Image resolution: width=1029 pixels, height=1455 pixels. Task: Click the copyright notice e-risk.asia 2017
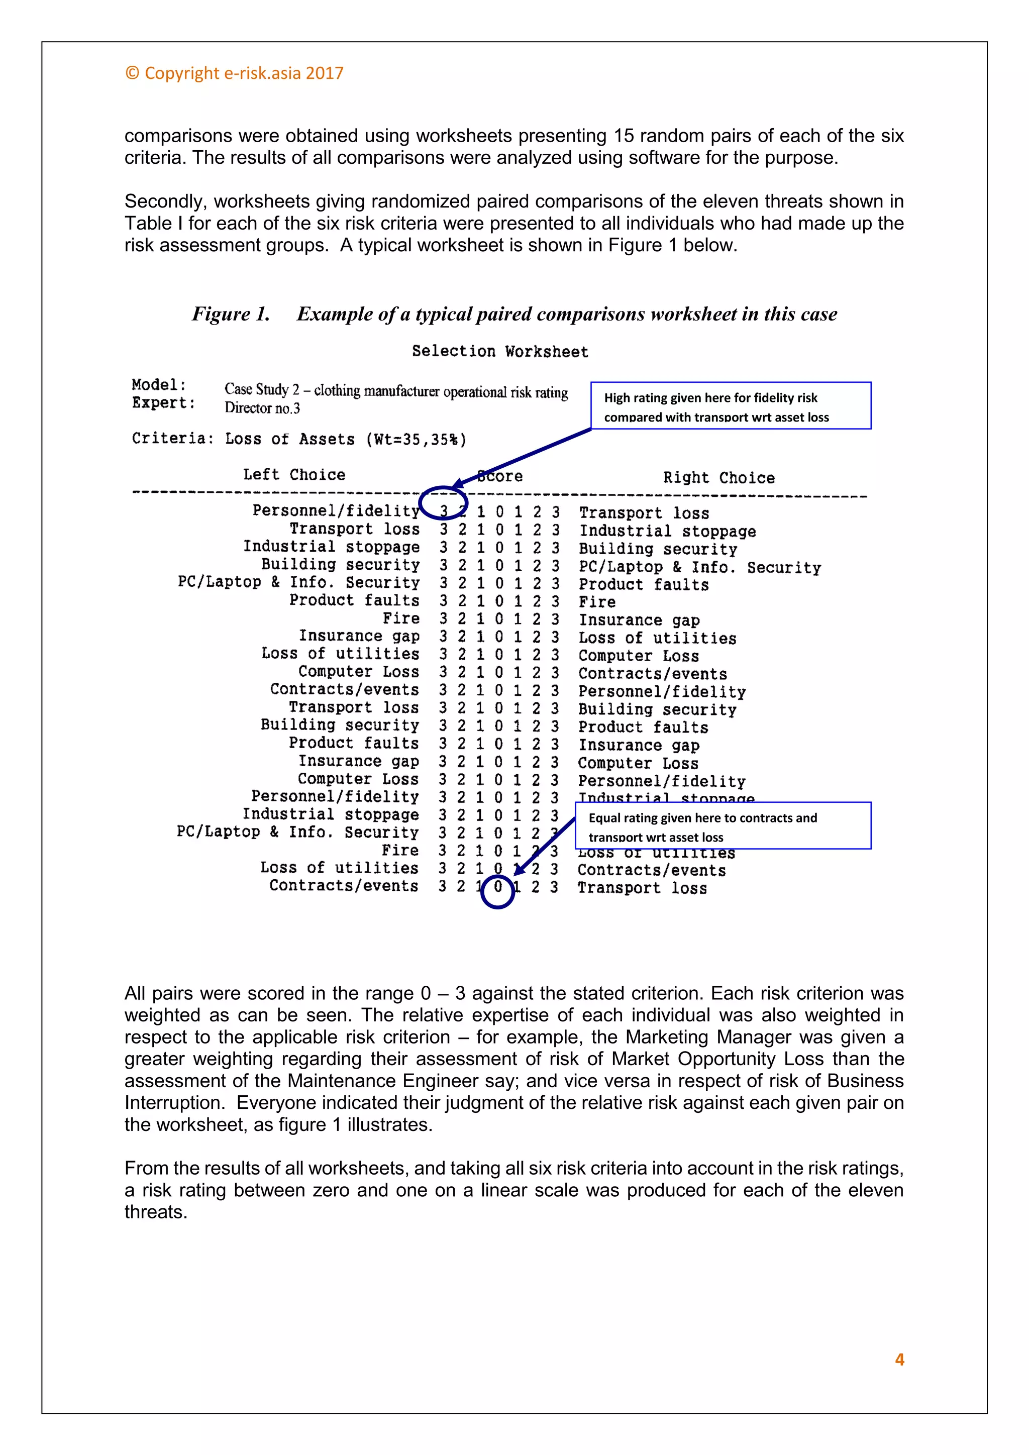click(235, 73)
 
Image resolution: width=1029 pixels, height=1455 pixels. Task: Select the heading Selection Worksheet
click(500, 352)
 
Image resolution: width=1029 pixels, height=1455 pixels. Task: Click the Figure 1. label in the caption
click(231, 315)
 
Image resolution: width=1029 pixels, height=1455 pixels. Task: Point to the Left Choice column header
click(294, 475)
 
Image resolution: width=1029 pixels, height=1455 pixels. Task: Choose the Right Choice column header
click(718, 478)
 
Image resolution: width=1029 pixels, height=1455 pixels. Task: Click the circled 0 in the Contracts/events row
click(498, 887)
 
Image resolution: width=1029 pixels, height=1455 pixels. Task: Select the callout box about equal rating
click(723, 826)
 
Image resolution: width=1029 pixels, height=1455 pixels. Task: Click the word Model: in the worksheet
click(159, 385)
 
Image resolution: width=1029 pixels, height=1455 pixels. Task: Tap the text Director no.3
click(262, 408)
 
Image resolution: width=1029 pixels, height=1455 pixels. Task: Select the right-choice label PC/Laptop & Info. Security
click(699, 567)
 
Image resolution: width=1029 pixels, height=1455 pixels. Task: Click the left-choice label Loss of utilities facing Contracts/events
click(340, 868)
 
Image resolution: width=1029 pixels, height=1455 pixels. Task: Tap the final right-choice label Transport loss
click(642, 888)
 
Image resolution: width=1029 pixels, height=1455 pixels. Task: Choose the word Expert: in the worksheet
click(163, 403)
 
